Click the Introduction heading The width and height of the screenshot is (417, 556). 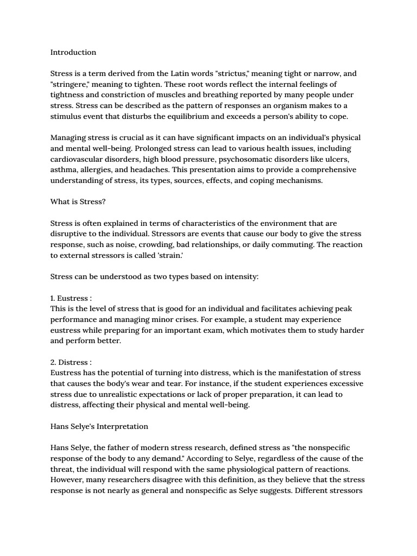[x=73, y=53]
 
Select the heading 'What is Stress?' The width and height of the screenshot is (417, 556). [x=78, y=201]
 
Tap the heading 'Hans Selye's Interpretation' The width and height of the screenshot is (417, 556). [x=99, y=426]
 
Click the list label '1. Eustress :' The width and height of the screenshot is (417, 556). [x=71, y=298]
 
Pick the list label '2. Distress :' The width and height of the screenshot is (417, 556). [x=71, y=362]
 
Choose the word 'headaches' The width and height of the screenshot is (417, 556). [x=148, y=170]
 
